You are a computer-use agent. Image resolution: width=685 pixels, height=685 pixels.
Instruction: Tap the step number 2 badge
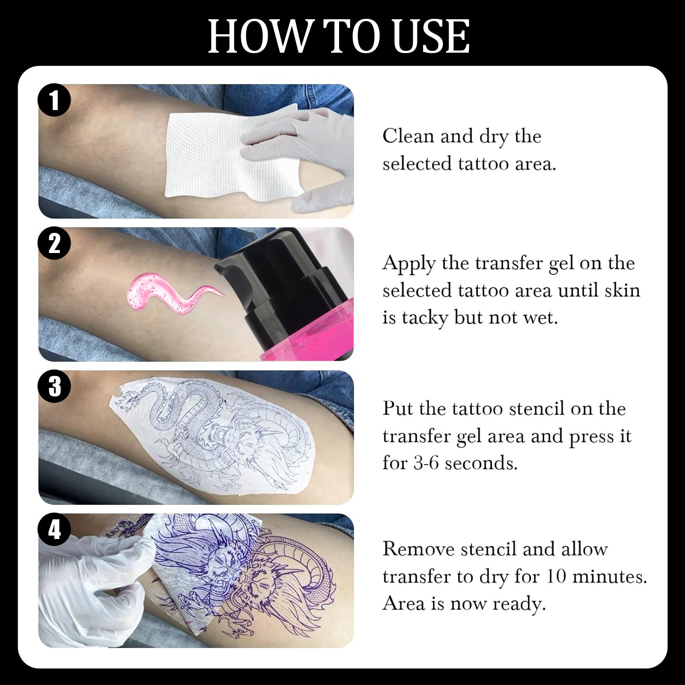click(54, 244)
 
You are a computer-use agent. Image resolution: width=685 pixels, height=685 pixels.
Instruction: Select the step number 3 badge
click(54, 387)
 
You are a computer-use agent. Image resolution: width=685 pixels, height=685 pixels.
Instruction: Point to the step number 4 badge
click(54, 530)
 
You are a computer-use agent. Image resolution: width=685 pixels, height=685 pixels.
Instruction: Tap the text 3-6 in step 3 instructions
click(426, 464)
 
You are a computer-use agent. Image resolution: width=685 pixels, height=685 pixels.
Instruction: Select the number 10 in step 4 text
click(557, 577)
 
